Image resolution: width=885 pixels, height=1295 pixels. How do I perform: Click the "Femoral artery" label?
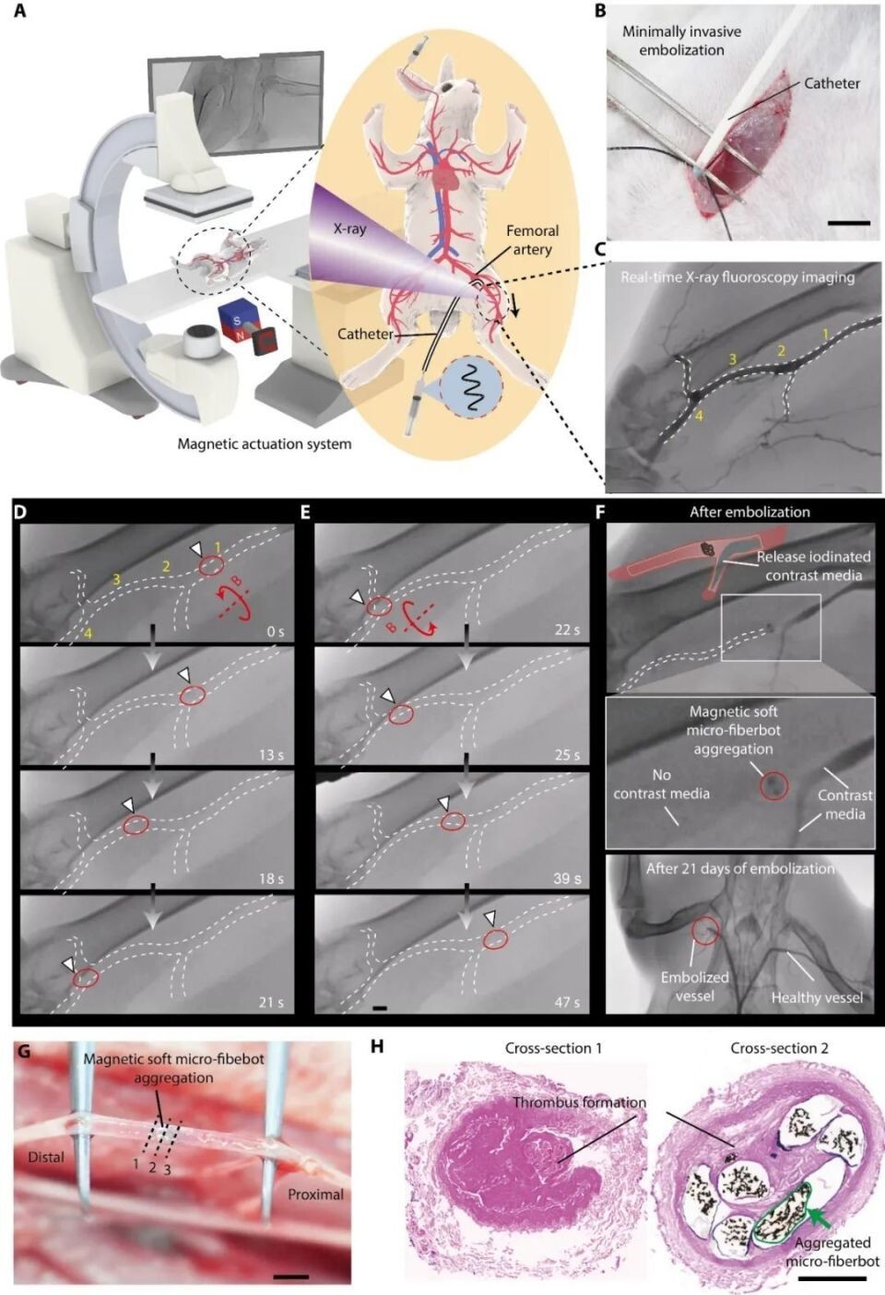click(532, 240)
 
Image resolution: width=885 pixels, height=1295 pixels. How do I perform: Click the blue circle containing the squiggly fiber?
click(470, 388)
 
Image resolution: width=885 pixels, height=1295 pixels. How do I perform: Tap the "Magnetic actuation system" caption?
click(265, 444)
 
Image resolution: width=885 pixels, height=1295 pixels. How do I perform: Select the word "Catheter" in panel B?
click(832, 84)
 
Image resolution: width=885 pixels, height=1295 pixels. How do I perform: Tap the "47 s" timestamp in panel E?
click(567, 1002)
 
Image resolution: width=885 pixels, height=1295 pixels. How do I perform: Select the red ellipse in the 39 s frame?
click(453, 822)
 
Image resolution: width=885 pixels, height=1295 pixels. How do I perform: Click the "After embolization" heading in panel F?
click(749, 512)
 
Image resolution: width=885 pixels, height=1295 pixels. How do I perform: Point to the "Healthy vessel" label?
click(816, 997)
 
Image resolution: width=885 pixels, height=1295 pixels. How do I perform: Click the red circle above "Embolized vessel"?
click(705, 930)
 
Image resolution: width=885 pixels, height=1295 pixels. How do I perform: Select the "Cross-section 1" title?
click(553, 1048)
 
